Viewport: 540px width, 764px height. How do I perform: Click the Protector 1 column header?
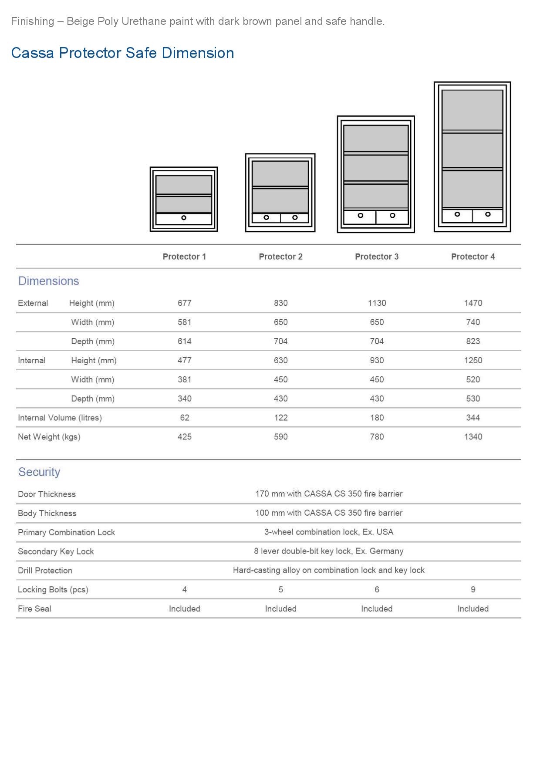pos(184,257)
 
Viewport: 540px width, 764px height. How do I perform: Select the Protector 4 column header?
pos(472,257)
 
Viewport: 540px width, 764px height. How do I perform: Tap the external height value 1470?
pos(473,303)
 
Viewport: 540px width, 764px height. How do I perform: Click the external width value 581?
pos(184,322)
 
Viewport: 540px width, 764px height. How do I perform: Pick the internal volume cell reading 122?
pos(280,418)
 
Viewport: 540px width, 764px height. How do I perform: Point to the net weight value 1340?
pos(473,437)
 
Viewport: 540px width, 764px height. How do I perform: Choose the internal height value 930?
pos(377,360)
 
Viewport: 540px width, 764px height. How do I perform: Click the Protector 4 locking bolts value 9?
pos(473,589)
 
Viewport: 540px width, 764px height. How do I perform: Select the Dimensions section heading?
pos(48,281)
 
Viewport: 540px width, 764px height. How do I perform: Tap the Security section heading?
pos(39,472)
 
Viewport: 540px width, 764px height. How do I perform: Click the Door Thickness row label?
pos(47,494)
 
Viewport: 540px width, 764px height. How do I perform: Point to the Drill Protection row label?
pos(45,571)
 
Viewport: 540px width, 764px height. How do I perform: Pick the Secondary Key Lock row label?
pos(56,551)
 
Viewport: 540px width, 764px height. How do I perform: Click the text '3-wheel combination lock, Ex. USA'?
pos(328,532)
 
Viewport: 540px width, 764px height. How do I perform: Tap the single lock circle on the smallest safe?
pos(184,218)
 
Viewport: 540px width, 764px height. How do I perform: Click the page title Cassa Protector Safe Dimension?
pos(122,53)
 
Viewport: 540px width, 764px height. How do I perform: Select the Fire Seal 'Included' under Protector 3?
pos(377,608)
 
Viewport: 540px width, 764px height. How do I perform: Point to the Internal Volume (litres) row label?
pos(60,418)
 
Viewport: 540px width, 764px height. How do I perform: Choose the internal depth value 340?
pos(184,399)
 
